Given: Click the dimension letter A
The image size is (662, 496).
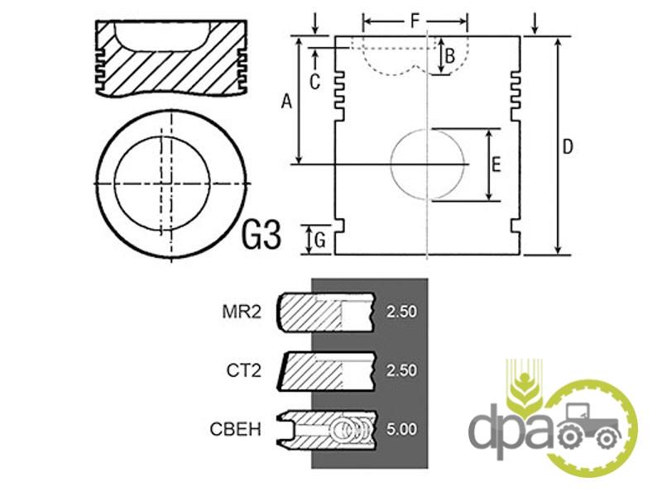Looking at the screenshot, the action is tap(286, 102).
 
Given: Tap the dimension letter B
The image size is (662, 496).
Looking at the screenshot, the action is tap(449, 55).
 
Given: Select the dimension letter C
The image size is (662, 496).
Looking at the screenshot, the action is tap(314, 82).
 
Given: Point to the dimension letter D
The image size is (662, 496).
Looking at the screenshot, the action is tap(568, 147).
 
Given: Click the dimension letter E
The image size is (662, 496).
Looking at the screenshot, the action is tap(496, 165).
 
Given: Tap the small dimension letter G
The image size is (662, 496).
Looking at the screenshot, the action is tap(320, 241).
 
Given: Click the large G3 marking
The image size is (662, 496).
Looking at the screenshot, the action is tap(261, 236).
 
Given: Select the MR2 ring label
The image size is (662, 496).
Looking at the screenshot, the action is tap(242, 312).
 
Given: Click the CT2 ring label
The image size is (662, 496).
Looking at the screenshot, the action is tap(243, 370).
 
